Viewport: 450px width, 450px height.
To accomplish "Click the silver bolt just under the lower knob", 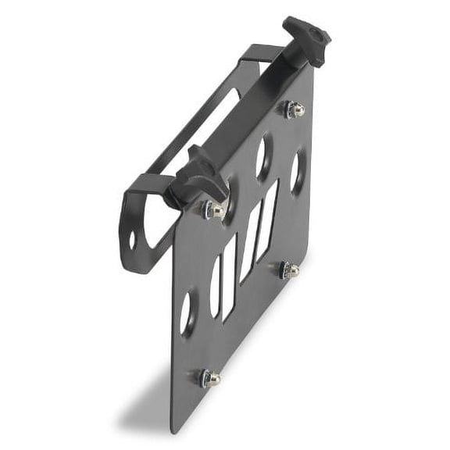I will click(213, 209).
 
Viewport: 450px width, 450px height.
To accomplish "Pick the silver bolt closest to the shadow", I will click(210, 378).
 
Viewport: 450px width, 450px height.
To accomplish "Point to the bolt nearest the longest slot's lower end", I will click(290, 270).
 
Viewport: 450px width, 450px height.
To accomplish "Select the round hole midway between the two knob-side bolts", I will click(262, 157).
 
